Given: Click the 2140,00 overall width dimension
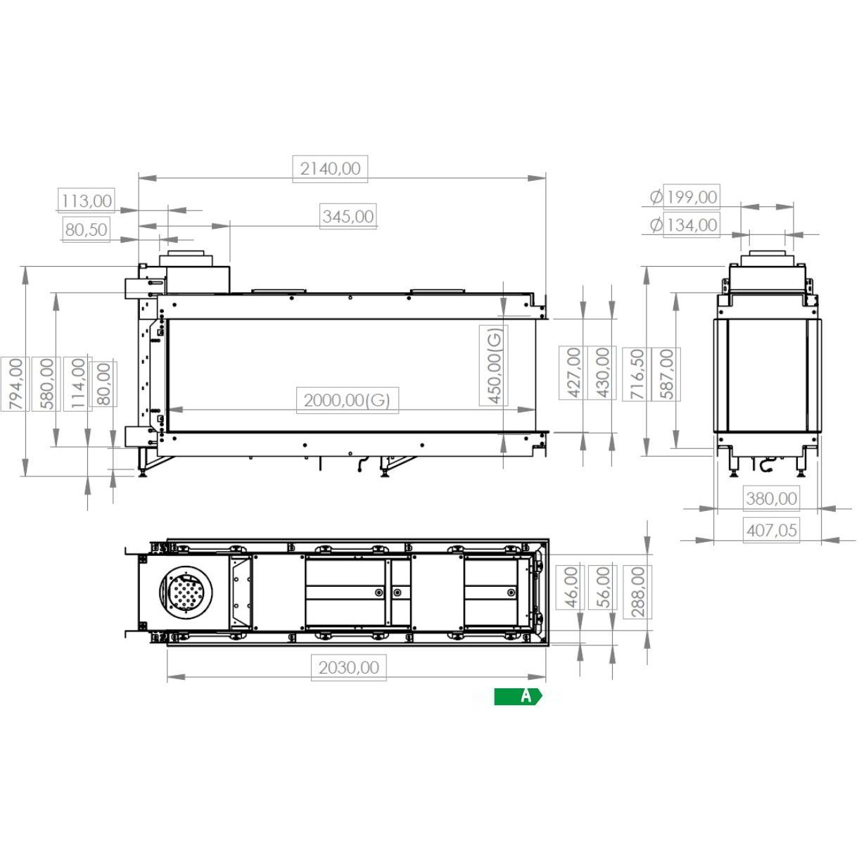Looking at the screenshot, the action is click(x=330, y=169).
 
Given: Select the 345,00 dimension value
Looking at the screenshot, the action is click(x=348, y=217).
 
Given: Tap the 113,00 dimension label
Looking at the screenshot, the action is click(x=87, y=201).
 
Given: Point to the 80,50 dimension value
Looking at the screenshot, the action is click(x=86, y=229).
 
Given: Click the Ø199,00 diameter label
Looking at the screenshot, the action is click(x=684, y=197).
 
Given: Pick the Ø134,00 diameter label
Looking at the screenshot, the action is click(x=684, y=225).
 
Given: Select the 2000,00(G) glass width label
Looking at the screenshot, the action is click(x=347, y=400).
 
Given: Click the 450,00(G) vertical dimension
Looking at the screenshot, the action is click(x=494, y=365).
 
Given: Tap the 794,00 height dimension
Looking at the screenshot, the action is click(x=15, y=384).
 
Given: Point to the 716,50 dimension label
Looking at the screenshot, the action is click(x=637, y=374).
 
